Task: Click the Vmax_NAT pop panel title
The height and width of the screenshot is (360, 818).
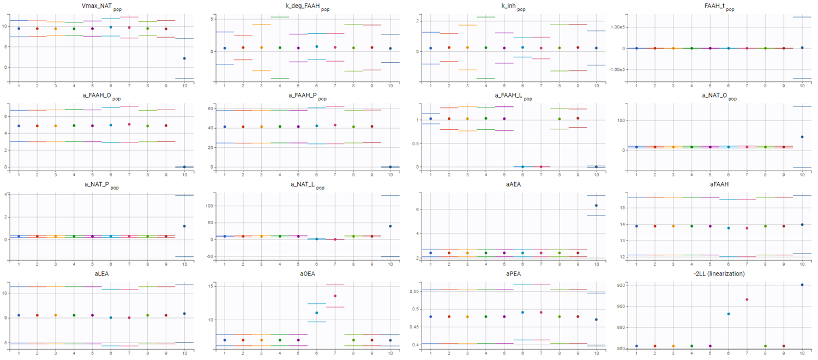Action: click(104, 7)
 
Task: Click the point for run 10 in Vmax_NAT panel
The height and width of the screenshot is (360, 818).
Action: click(184, 58)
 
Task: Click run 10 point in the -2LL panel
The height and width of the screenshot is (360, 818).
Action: click(802, 285)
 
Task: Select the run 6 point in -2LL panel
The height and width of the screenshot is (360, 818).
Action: click(728, 314)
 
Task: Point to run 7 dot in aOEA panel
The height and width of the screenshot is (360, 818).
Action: click(335, 296)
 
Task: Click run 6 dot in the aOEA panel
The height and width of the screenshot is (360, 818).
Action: click(316, 313)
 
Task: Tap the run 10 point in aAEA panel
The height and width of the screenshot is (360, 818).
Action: click(596, 205)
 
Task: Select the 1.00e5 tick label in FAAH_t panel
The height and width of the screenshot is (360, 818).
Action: click(615, 27)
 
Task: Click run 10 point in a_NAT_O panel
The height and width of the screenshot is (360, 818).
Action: click(802, 137)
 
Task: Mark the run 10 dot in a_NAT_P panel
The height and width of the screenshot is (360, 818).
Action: click(184, 226)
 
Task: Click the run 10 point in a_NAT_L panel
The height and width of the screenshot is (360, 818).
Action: click(390, 226)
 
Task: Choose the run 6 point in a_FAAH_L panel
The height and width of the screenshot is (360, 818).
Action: click(522, 166)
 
